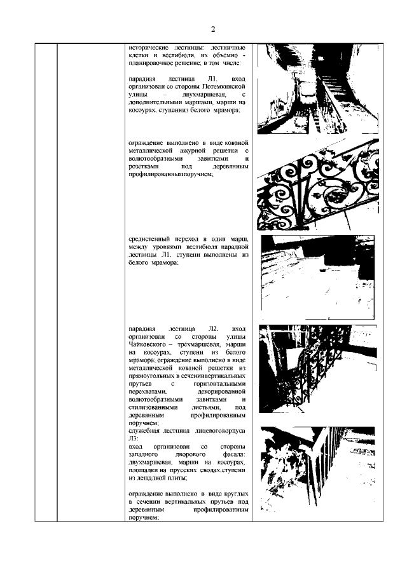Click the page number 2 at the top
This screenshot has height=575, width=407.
point(213,29)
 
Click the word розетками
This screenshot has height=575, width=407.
point(142,167)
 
